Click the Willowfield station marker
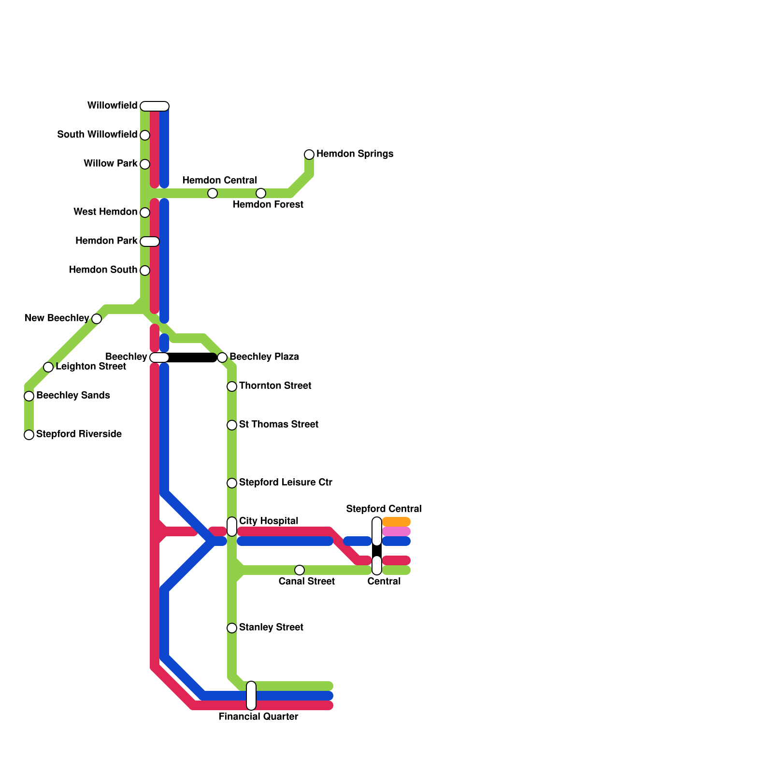point(155,106)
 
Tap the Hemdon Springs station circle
point(309,155)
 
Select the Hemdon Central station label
point(219,181)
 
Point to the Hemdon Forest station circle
point(261,193)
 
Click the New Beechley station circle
point(97,319)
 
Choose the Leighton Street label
point(91,367)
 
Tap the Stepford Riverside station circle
point(29,435)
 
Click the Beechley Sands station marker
point(29,396)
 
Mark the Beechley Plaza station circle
point(222,358)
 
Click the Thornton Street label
point(275,386)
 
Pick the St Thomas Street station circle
point(232,425)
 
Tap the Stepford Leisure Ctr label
point(286,483)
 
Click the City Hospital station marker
point(232,527)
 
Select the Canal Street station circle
point(300,570)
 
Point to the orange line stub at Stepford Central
point(396,522)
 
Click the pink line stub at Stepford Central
point(396,531)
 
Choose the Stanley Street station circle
point(232,628)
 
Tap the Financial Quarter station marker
point(251,696)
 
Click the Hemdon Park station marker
point(150,242)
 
